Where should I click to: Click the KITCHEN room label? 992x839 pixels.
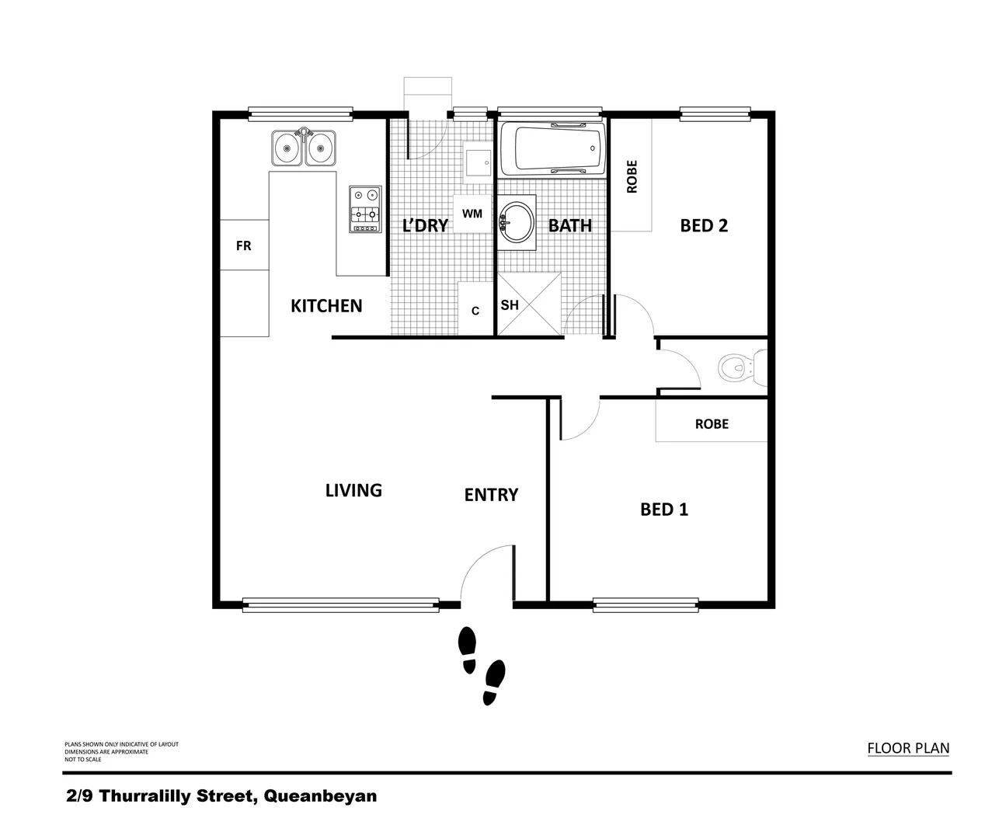326,306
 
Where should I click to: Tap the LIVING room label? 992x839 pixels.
353,490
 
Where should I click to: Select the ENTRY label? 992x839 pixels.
491,495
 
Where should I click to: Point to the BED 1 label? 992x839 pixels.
664,510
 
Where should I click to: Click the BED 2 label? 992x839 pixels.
704,226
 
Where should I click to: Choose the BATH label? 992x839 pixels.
570,226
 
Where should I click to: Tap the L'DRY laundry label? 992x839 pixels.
425,226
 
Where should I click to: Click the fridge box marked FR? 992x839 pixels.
244,245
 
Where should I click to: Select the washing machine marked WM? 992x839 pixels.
472,214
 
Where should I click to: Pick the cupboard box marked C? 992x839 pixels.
475,310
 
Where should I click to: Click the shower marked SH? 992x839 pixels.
528,305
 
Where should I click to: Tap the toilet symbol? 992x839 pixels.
740,367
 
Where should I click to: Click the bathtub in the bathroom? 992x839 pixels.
552,149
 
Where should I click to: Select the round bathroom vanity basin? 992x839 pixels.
516,223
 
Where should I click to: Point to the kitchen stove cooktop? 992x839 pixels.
365,210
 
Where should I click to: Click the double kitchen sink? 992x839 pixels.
303,148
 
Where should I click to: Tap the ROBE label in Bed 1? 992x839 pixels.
712,424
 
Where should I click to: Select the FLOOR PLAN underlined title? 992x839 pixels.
908,749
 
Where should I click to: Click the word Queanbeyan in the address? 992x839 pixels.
321,796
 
